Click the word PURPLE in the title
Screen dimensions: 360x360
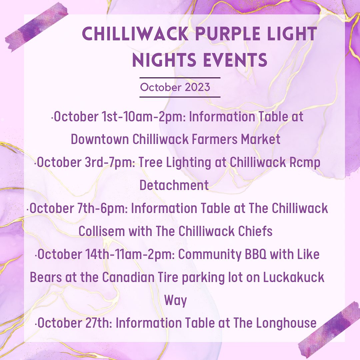(x=228, y=34)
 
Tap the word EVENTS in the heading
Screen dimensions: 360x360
(x=235, y=60)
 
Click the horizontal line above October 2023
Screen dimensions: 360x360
(x=180, y=78)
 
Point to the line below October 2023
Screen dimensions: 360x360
(x=180, y=97)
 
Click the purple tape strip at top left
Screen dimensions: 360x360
(x=36, y=27)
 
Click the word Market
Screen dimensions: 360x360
(x=261, y=139)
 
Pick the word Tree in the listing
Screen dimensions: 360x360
(x=150, y=162)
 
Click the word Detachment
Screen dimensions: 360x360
(x=174, y=185)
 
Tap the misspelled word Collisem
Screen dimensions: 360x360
(x=102, y=231)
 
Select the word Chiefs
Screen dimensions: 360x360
(x=255, y=231)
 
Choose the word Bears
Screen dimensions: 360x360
(x=46, y=277)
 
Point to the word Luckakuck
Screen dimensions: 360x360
(x=294, y=277)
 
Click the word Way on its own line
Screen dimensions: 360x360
(x=176, y=301)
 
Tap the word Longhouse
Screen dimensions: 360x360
(x=286, y=323)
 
